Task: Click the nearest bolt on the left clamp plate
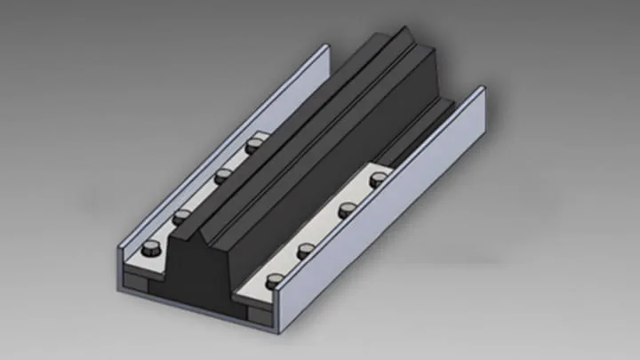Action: tap(152, 249)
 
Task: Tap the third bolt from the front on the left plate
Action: tap(223, 174)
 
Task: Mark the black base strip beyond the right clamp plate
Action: tap(427, 133)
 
